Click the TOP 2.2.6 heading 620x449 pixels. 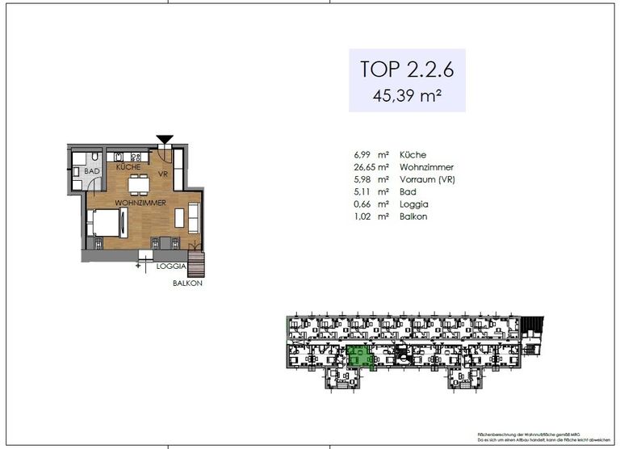coord(407,69)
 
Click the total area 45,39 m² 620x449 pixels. coord(407,95)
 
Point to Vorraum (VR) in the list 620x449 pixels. coord(427,179)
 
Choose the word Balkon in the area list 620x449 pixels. coord(413,217)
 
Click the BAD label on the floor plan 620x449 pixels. coord(91,172)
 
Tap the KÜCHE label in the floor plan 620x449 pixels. coord(128,166)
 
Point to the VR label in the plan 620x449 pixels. coord(162,174)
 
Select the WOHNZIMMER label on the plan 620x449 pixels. coord(140,202)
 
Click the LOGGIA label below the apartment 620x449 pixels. coord(171,266)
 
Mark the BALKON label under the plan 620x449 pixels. coord(187,283)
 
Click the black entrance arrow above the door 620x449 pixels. coord(165,140)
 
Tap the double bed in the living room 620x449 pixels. coord(105,221)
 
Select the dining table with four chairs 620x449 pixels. coord(139,182)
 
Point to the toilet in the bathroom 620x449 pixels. coord(95,156)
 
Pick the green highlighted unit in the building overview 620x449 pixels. coord(358,356)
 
